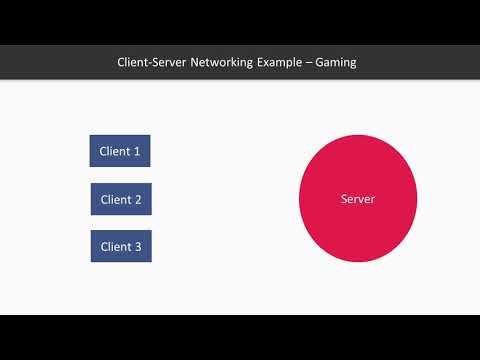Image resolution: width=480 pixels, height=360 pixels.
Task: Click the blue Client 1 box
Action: pyautogui.click(x=120, y=151)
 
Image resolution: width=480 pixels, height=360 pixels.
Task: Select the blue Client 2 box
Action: pyautogui.click(x=121, y=199)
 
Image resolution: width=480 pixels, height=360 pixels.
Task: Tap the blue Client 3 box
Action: pyautogui.click(x=121, y=246)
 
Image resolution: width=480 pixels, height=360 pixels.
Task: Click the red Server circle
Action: pyautogui.click(x=358, y=199)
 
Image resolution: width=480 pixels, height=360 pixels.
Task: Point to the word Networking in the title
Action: pyautogui.click(x=224, y=62)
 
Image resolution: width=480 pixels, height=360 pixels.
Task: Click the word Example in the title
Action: pyautogui.click(x=285, y=62)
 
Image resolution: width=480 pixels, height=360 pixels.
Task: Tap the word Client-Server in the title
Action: pyautogui.click(x=152, y=62)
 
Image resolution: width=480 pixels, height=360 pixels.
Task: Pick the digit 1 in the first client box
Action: pyautogui.click(x=137, y=152)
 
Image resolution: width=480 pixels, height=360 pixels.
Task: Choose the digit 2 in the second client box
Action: pyautogui.click(x=138, y=200)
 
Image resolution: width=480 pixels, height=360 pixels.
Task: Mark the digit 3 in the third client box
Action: pyautogui.click(x=138, y=247)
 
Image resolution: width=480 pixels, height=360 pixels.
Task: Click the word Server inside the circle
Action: pyautogui.click(x=358, y=200)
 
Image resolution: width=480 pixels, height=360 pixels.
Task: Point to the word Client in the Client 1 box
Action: pyautogui.click(x=114, y=152)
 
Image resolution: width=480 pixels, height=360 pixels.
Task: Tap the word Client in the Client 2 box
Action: pyautogui.click(x=115, y=200)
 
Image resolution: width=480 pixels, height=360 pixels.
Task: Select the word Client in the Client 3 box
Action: pyautogui.click(x=115, y=247)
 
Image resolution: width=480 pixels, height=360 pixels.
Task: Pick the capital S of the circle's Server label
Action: pyautogui.click(x=344, y=200)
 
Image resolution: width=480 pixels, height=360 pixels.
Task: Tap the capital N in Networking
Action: pyautogui.click(x=194, y=62)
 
